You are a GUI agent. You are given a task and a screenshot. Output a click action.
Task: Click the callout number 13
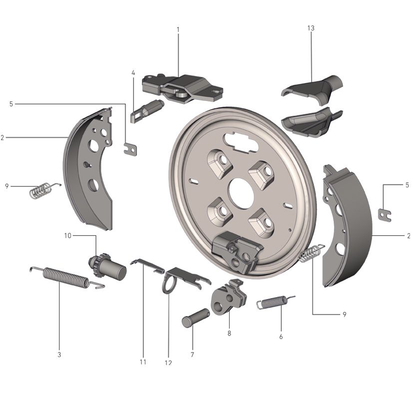pos(311,28)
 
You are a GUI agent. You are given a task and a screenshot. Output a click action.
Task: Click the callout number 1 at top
pos(178,30)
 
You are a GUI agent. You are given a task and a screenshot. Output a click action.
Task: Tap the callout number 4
pos(133,73)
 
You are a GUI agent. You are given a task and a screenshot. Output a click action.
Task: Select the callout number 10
pos(67,235)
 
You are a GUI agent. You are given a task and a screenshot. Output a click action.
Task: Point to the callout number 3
pos(59,355)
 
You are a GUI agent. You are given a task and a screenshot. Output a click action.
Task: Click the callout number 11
pos(143,362)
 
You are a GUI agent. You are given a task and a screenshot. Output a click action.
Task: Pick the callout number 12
pos(168,363)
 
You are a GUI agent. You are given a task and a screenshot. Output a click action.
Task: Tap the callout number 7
pos(192,354)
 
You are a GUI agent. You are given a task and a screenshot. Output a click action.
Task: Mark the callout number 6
pos(281,337)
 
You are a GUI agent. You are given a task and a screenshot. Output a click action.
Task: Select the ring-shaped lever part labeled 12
pos(169,285)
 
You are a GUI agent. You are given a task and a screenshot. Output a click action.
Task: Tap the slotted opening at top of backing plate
pos(239,139)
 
